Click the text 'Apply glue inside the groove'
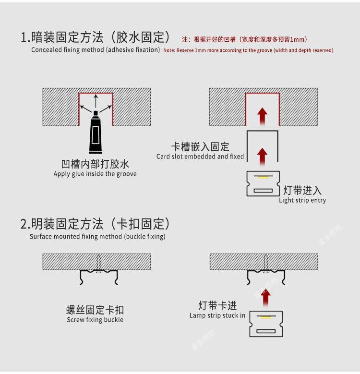click(x=95, y=174)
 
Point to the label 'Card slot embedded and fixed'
click(x=200, y=157)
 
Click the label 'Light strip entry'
click(x=302, y=200)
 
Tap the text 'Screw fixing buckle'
click(x=95, y=320)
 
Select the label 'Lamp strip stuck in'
click(x=217, y=315)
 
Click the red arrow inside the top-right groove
click(x=262, y=115)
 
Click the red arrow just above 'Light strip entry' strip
click(x=262, y=156)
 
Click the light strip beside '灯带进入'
click(x=263, y=184)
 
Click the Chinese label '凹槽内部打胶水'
click(x=95, y=164)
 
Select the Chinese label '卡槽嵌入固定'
click(x=200, y=147)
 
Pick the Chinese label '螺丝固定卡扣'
click(x=95, y=310)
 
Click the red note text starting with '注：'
click(x=244, y=39)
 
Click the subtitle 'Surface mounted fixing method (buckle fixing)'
click(x=97, y=237)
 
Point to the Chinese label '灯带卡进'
click(x=217, y=305)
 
